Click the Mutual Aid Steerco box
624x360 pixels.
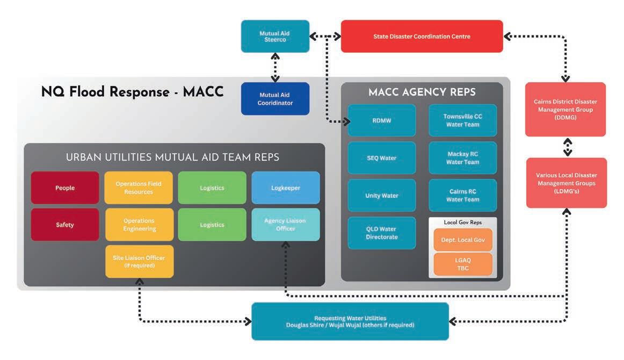click(275, 37)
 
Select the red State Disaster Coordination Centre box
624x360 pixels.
click(422, 37)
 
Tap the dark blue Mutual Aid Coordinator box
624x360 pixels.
click(275, 99)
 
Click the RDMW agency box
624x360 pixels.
click(382, 120)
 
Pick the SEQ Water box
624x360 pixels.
click(382, 158)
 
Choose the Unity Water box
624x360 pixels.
click(382, 196)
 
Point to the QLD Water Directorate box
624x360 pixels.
click(382, 233)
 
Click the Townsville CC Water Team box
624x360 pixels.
click(462, 120)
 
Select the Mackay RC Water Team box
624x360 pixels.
click(462, 158)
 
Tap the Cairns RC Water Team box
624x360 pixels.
click(462, 196)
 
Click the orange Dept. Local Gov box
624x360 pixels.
click(462, 240)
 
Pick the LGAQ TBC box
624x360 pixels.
click(462, 264)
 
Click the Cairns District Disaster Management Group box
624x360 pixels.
click(565, 110)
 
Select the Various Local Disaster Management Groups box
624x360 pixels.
click(566, 183)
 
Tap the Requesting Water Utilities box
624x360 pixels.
click(350, 321)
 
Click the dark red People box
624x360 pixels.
click(65, 188)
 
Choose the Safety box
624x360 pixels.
click(65, 225)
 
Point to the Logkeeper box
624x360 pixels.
click(286, 188)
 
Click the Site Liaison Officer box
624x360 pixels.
click(139, 261)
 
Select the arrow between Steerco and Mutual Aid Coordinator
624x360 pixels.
click(275, 67)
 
